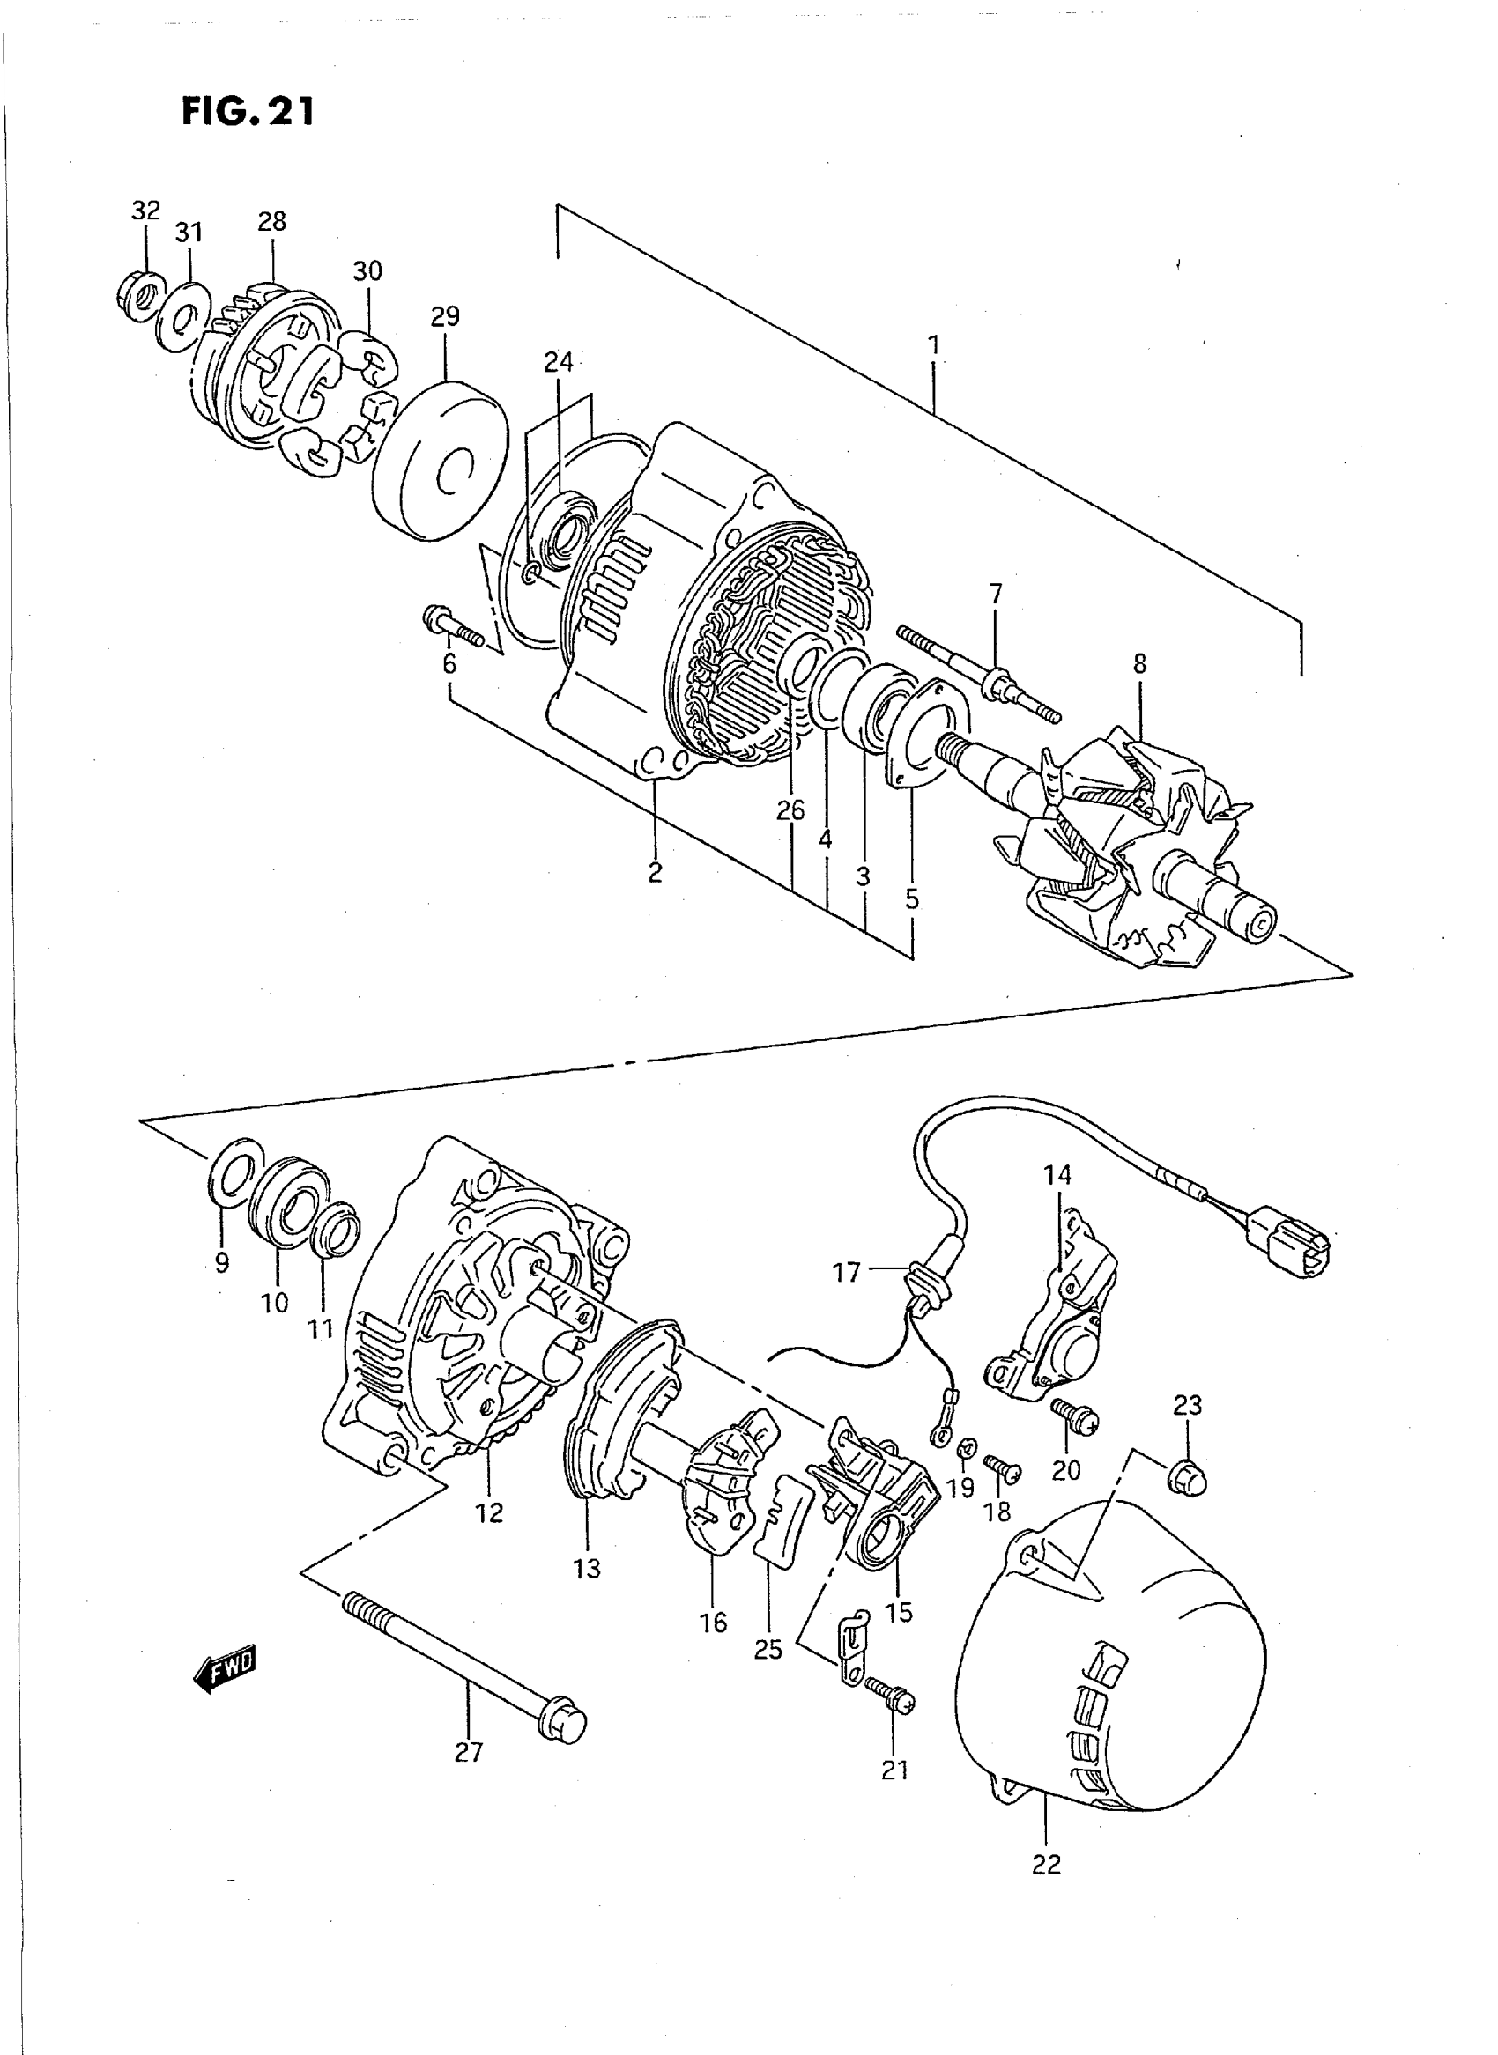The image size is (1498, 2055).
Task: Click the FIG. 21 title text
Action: (x=248, y=112)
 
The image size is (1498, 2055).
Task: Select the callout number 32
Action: (x=145, y=211)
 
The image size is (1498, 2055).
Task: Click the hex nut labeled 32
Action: (x=139, y=295)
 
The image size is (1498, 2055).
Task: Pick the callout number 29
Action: (x=444, y=316)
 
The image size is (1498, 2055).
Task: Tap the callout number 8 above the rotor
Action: (x=1138, y=664)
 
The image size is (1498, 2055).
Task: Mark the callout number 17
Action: (x=846, y=1273)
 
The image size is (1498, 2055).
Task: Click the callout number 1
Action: (x=933, y=345)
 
